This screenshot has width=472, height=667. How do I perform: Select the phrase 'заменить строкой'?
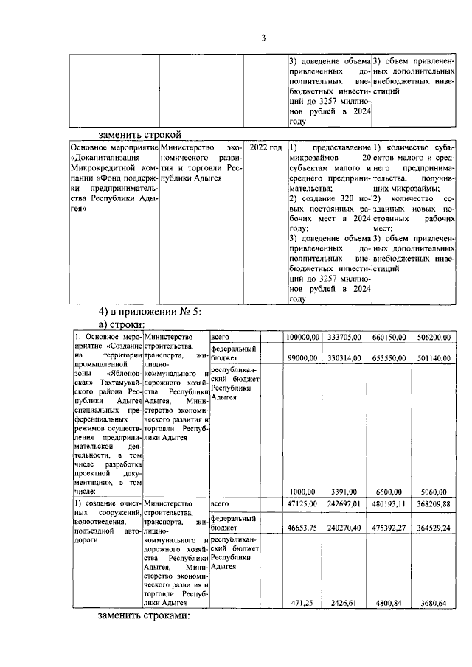141,134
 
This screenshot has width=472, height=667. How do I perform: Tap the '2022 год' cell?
265,148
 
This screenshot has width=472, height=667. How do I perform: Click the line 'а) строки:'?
122,324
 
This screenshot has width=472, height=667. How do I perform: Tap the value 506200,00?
432,337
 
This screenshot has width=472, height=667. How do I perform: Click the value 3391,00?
348,492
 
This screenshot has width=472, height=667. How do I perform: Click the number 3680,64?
435,603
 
